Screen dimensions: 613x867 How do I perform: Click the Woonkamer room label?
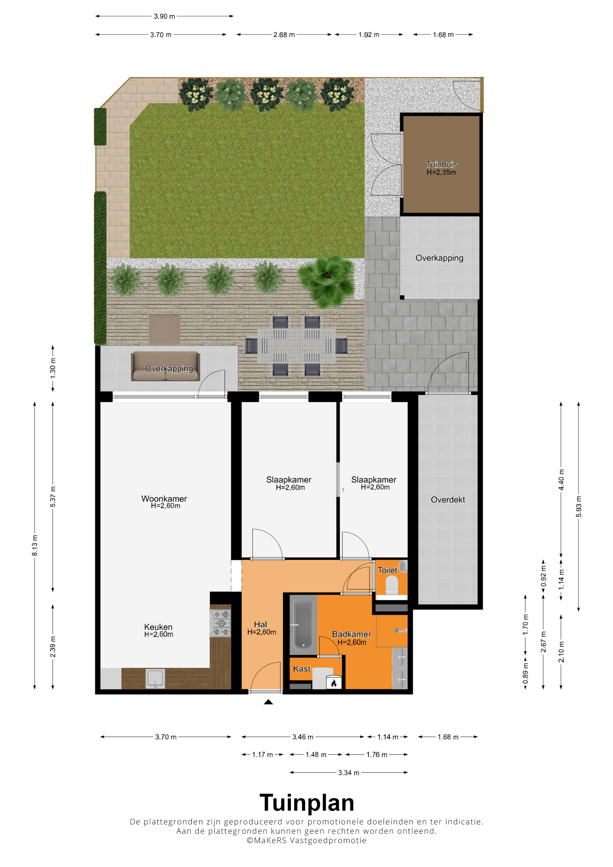tap(164, 499)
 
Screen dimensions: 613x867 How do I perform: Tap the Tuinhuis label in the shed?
tap(441, 164)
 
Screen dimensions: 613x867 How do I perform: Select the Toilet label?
tap(388, 570)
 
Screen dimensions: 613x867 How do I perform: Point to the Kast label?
tap(302, 669)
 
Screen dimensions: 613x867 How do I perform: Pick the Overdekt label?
tap(448, 500)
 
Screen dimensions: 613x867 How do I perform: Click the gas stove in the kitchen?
tap(221, 623)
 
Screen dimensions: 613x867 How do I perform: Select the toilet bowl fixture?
tap(392, 586)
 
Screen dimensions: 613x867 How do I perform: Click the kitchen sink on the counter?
tap(155, 678)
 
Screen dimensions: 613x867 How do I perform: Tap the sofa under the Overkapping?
tap(166, 366)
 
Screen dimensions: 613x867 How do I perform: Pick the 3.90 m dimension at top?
tap(164, 16)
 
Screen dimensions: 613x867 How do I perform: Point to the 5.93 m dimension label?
tap(579, 506)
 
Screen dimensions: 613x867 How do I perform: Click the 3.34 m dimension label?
tap(349, 773)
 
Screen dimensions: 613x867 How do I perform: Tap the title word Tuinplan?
tap(307, 803)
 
